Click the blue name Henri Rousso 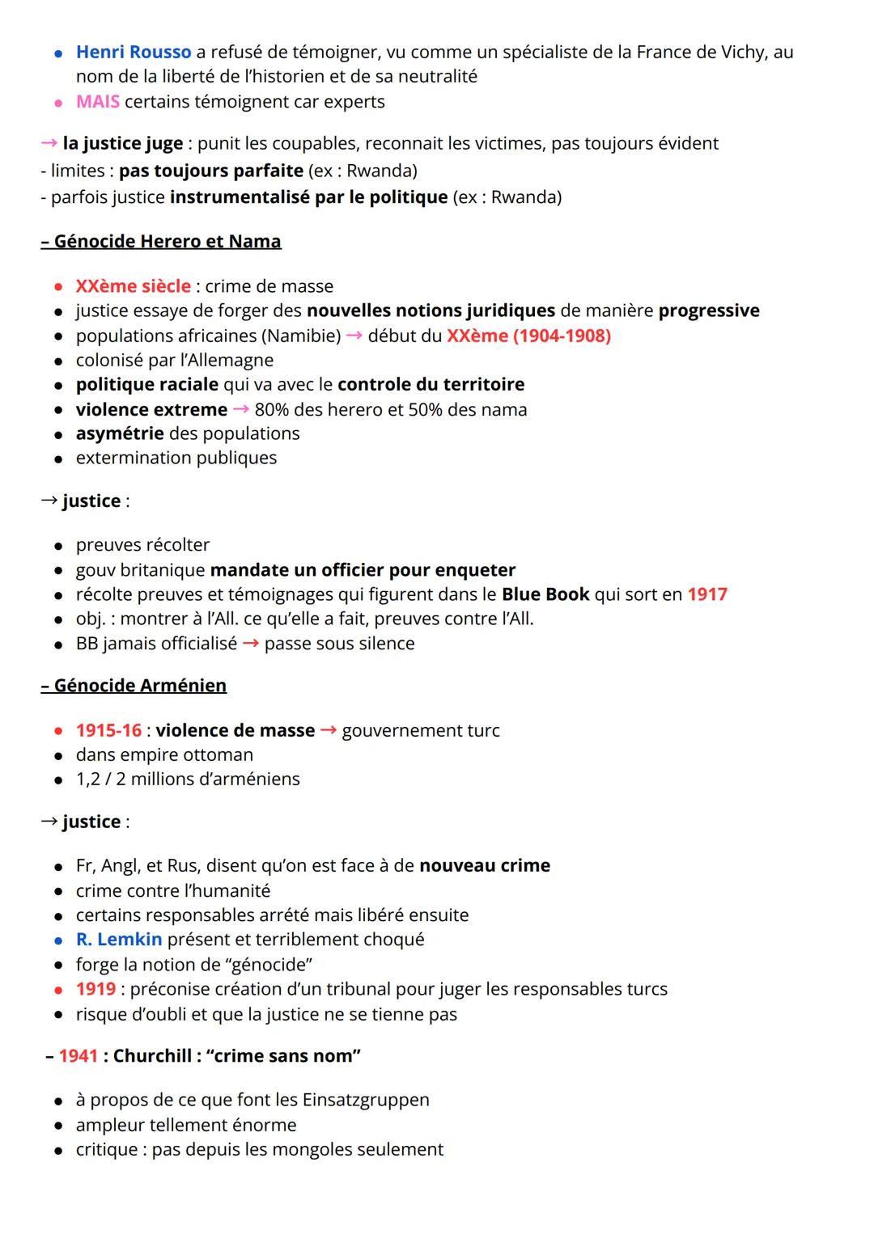(133, 53)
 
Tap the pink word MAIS (97, 102)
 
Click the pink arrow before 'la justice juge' (49, 144)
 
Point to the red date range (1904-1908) (562, 336)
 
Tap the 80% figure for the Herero (272, 410)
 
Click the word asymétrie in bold (120, 434)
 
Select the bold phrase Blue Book (545, 594)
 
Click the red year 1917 (706, 594)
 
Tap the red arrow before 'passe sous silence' (251, 644)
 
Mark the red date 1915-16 (108, 731)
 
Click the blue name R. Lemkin (118, 940)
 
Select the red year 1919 (95, 989)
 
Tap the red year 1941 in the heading (78, 1056)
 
